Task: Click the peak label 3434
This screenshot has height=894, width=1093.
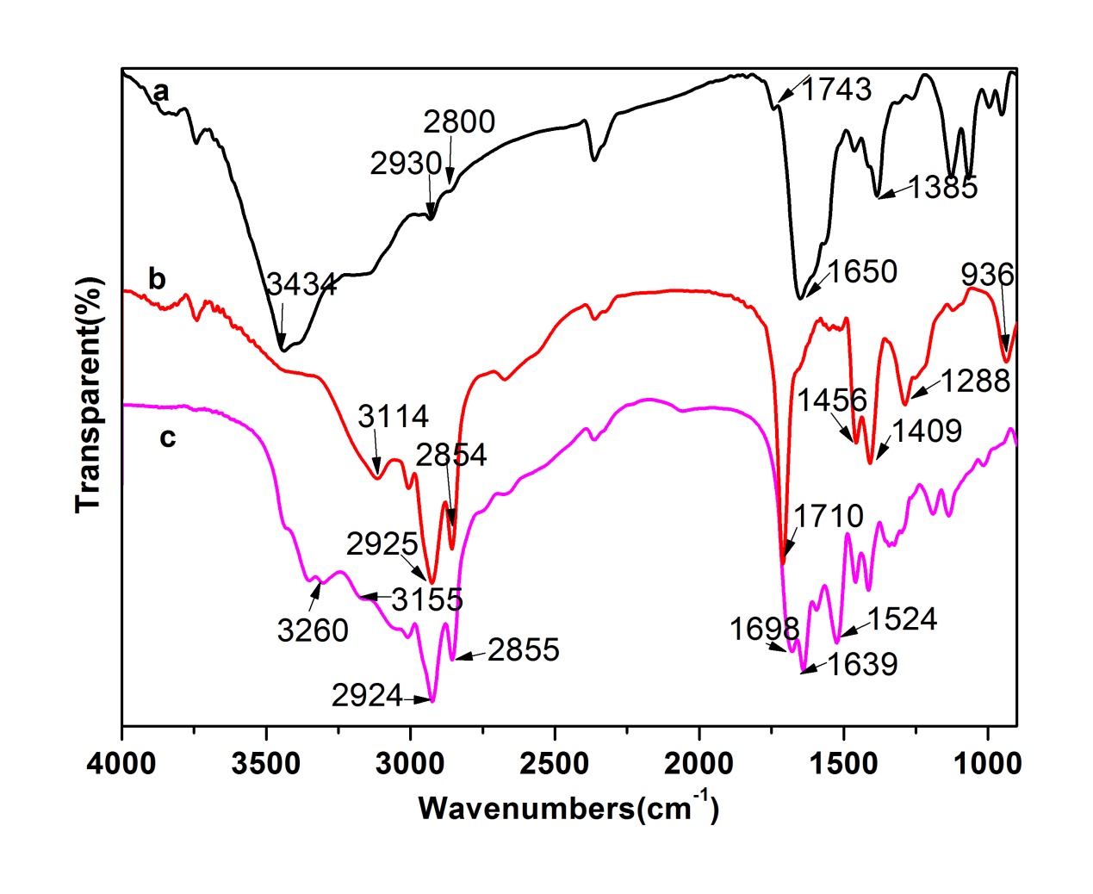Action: tap(301, 284)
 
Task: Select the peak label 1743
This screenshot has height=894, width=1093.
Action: tap(838, 89)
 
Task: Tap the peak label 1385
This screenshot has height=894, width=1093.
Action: tap(943, 187)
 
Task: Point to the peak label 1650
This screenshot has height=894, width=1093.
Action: tap(862, 271)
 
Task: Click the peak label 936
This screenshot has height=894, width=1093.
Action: tap(987, 275)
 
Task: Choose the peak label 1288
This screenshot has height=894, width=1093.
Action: tap(975, 380)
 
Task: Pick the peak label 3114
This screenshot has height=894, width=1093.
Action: tap(394, 417)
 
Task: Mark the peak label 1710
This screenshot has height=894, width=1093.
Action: tap(828, 516)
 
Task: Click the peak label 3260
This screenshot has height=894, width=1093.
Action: tap(313, 630)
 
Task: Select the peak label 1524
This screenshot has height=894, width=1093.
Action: tap(902, 618)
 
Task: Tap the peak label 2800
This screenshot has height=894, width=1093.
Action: tap(459, 122)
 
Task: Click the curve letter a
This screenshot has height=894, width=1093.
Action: tap(160, 91)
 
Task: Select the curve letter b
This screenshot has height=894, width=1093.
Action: tap(157, 278)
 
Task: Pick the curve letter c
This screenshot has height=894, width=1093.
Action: tap(167, 438)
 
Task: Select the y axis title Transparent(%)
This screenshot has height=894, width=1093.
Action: tap(88, 394)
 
